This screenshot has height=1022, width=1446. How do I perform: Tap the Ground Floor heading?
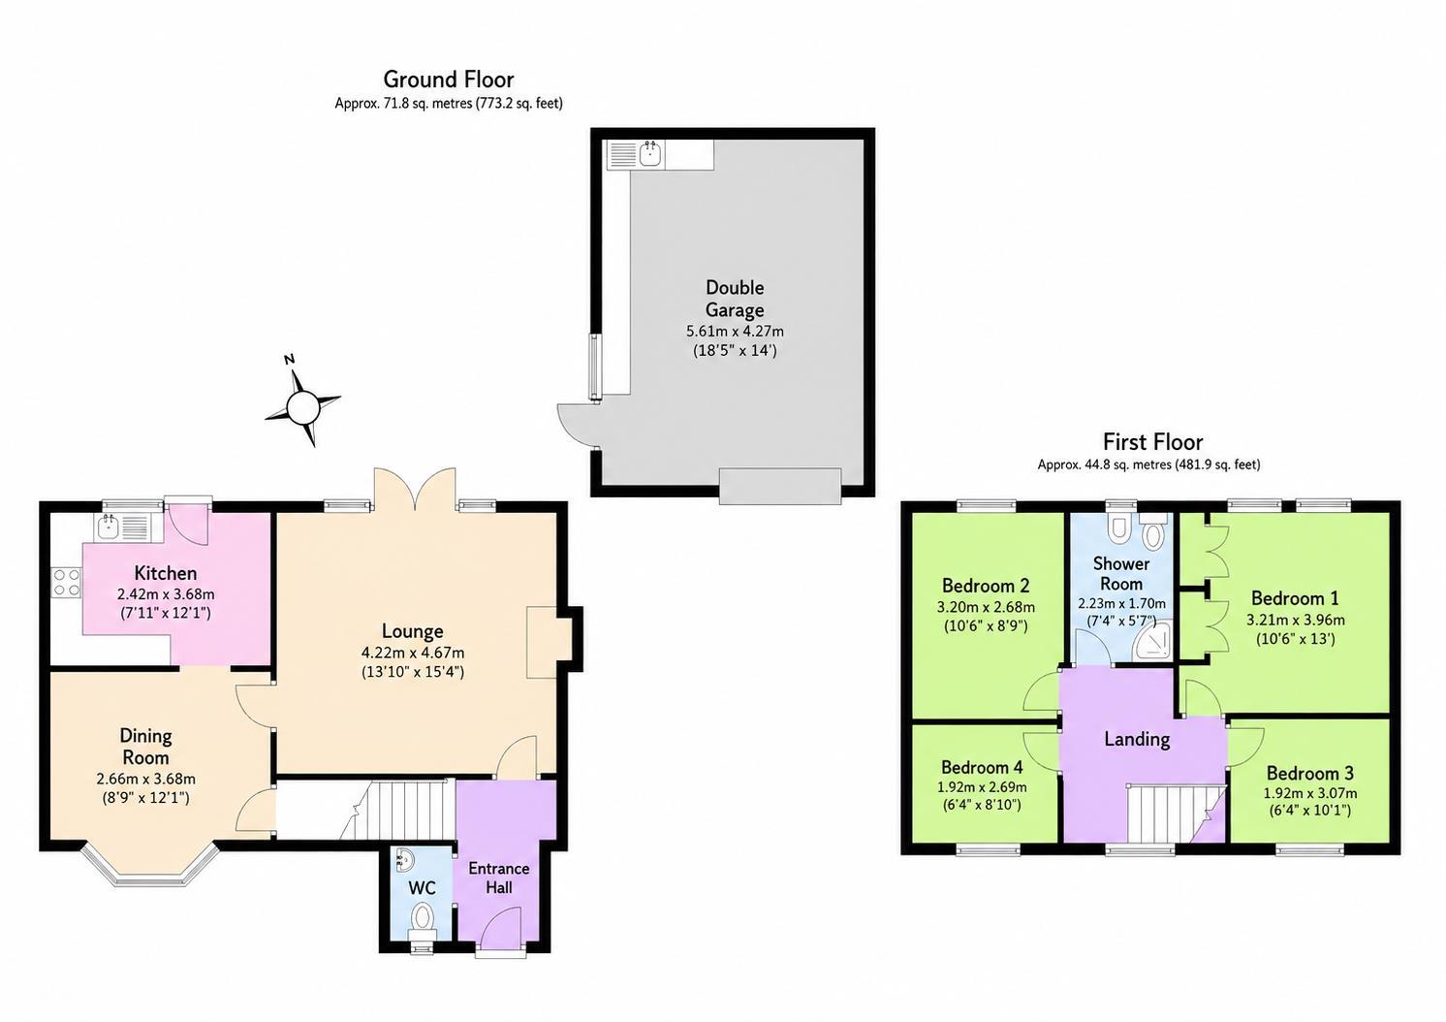tap(449, 80)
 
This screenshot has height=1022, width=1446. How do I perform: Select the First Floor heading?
tap(1153, 442)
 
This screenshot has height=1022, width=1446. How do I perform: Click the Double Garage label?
tap(735, 299)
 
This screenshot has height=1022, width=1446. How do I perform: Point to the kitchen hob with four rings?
tap(66, 582)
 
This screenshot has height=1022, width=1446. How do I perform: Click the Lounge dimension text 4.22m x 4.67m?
tap(413, 653)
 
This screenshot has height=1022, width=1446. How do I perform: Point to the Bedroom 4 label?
tap(982, 767)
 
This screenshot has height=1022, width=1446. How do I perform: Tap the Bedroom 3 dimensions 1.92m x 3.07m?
tap(1310, 792)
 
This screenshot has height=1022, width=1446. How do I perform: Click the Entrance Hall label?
tap(499, 878)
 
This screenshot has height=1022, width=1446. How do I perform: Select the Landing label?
tap(1137, 739)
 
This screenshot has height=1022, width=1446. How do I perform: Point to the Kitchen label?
tap(166, 573)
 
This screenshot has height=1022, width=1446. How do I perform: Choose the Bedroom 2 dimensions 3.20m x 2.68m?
tap(986, 607)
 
